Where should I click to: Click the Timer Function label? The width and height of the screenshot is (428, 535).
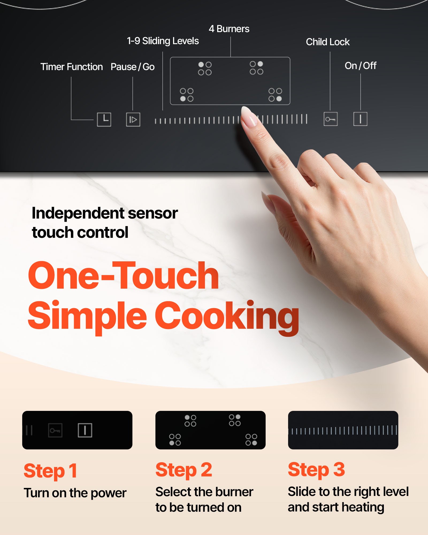[x=71, y=67]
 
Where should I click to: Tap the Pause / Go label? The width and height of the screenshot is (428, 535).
[x=132, y=67]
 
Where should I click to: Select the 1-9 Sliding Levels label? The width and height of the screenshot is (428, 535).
[x=163, y=41]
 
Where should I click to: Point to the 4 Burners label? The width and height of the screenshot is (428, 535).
[x=229, y=29]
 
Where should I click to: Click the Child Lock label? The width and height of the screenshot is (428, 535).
[x=328, y=42]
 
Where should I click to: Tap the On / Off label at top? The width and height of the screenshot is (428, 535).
[x=360, y=66]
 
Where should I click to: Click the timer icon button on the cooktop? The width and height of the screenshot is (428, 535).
[x=104, y=119]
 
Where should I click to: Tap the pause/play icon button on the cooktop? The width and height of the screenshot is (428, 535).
[x=133, y=119]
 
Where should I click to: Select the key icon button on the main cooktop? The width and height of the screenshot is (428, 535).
[x=330, y=119]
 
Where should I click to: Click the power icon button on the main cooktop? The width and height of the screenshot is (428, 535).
[x=360, y=119]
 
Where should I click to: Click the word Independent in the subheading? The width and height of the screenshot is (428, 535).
[x=78, y=213]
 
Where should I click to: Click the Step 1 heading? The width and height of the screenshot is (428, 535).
[x=51, y=471]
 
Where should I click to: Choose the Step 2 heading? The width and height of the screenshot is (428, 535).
[x=184, y=470]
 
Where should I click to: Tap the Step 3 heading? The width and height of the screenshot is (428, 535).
[x=316, y=470]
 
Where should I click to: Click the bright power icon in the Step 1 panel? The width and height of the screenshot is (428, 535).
[x=85, y=430]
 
